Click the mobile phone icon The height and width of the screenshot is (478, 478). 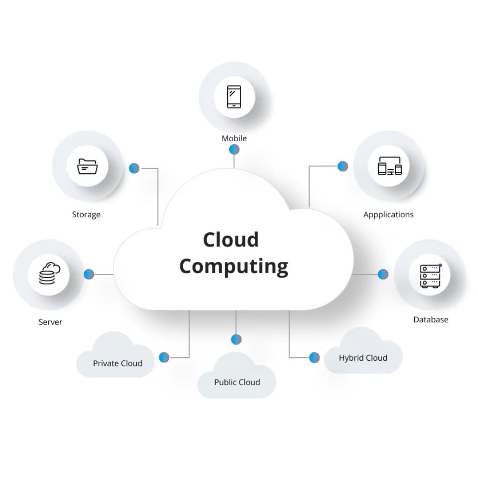pos(234,97)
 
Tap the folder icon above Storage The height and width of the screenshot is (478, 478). pos(87,166)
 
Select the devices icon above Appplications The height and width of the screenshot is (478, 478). pos(389,166)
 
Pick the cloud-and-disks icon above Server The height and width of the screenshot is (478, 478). pos(49,274)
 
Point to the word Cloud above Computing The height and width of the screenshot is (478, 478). pos(231,240)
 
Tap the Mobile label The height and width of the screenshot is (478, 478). pos(234,139)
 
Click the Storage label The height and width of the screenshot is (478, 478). pos(86,215)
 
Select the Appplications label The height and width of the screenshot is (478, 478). pos(388,215)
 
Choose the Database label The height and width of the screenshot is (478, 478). pos(431,320)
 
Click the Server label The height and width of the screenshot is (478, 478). pos(50,322)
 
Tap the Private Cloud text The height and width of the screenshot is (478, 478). pos(118,363)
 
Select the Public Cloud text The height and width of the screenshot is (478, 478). pos(237,382)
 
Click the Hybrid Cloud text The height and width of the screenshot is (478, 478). pos(363,358)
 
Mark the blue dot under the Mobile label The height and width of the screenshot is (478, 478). pos(234,150)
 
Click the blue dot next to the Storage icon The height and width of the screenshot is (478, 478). pos(134,168)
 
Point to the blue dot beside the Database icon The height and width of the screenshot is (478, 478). pos(383,274)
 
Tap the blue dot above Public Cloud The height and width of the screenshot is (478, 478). pos(236,339)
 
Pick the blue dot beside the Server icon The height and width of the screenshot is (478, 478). pos(89,274)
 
